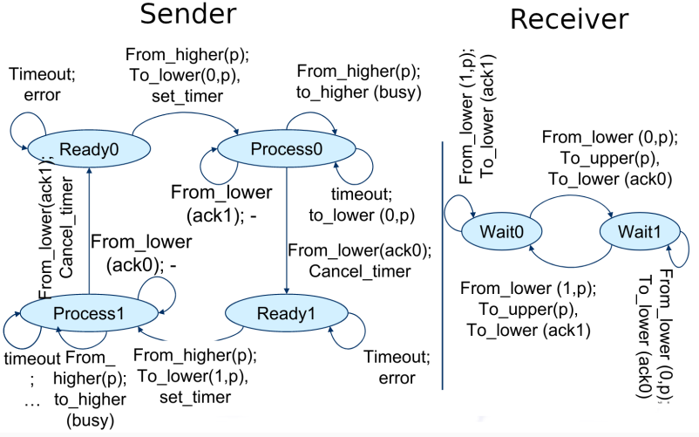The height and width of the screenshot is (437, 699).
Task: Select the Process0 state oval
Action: [286, 149]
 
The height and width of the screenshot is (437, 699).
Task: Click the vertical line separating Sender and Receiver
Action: [443, 262]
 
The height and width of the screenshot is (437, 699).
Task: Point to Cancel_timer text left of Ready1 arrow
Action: [359, 270]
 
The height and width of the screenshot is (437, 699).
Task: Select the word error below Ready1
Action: [397, 379]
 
